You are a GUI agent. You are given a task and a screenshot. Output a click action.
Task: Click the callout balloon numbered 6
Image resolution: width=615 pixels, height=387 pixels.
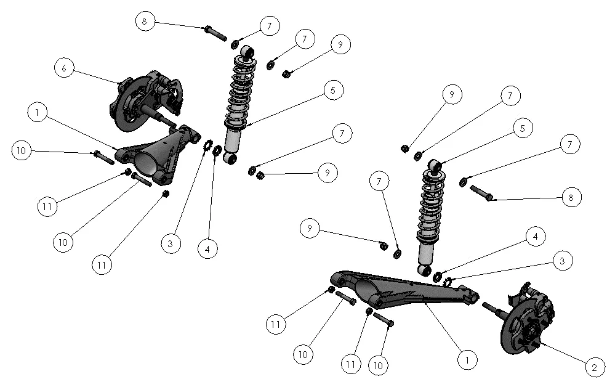64,68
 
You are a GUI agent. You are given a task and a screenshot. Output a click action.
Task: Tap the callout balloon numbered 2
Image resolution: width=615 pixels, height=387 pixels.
594,368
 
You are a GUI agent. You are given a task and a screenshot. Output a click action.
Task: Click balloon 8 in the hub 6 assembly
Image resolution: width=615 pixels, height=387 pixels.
145,21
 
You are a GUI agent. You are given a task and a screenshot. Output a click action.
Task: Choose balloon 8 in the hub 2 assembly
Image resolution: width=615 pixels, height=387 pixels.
571,197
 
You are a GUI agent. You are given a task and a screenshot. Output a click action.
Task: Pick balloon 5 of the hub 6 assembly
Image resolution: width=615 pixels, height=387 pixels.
332,91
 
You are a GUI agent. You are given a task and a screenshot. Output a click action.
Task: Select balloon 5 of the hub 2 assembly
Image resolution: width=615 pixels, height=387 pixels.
522,129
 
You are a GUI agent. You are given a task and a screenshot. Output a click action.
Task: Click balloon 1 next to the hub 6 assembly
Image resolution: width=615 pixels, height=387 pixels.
38,113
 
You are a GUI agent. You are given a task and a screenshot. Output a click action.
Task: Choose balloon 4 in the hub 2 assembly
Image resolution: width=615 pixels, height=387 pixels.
535,237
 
